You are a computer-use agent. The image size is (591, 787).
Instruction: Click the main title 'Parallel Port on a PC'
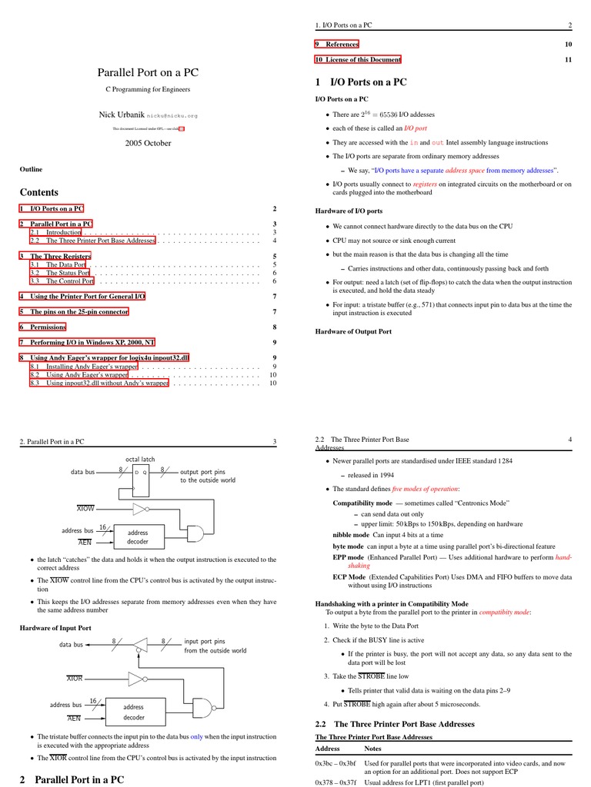pos(149,72)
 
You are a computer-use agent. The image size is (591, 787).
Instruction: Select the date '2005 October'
pos(149,143)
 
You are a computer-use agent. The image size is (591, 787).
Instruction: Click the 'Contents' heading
pos(38,192)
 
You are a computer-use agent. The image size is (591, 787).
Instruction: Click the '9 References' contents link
pos(337,44)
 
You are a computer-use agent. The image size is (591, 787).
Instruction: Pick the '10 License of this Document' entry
pos(358,59)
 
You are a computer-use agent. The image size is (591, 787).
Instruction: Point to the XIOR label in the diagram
pos(75,679)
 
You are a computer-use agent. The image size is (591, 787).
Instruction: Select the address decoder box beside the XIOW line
pos(138,536)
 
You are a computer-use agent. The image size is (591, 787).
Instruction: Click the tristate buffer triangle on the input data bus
pos(140,643)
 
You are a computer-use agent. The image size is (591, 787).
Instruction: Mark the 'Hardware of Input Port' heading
pos(55,628)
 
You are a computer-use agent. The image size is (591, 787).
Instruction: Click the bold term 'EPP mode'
pos(349,556)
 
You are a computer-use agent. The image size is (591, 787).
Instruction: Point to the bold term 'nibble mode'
pos(351,534)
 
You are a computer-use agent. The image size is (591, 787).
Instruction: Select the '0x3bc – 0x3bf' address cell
pos(335,764)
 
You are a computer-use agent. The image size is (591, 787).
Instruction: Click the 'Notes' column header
pos(372,748)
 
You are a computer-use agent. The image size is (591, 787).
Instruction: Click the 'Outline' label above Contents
pos(31,169)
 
